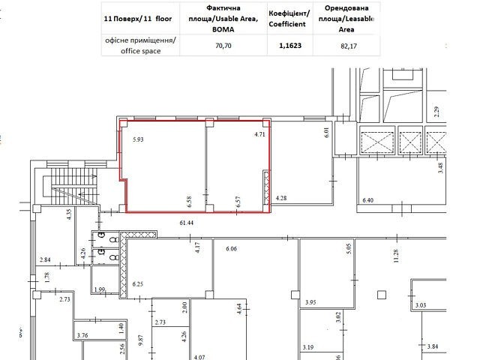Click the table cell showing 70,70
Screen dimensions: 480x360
tap(223, 46)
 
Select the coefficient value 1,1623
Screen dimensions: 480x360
tap(290, 46)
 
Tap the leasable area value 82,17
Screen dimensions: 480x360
tap(348, 46)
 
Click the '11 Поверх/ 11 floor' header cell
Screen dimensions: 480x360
tap(138, 19)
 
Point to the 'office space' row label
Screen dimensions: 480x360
tap(140, 51)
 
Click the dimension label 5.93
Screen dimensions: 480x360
tap(138, 139)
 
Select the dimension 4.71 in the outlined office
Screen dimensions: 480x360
tap(260, 134)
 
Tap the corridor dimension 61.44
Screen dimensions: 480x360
tap(187, 223)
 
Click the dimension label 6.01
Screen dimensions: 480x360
tap(326, 132)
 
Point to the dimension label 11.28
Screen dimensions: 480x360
tap(396, 256)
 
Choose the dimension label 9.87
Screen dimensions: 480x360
tap(140, 340)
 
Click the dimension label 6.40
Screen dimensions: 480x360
tap(368, 200)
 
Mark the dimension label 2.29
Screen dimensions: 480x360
tap(436, 112)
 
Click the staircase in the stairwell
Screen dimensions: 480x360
tap(74, 186)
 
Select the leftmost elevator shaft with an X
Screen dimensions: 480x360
tap(377, 142)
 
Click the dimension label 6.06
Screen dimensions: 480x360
tap(232, 248)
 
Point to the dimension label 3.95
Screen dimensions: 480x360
tap(310, 302)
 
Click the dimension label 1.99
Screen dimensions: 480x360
tap(100, 289)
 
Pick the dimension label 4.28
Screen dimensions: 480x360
tap(281, 198)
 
